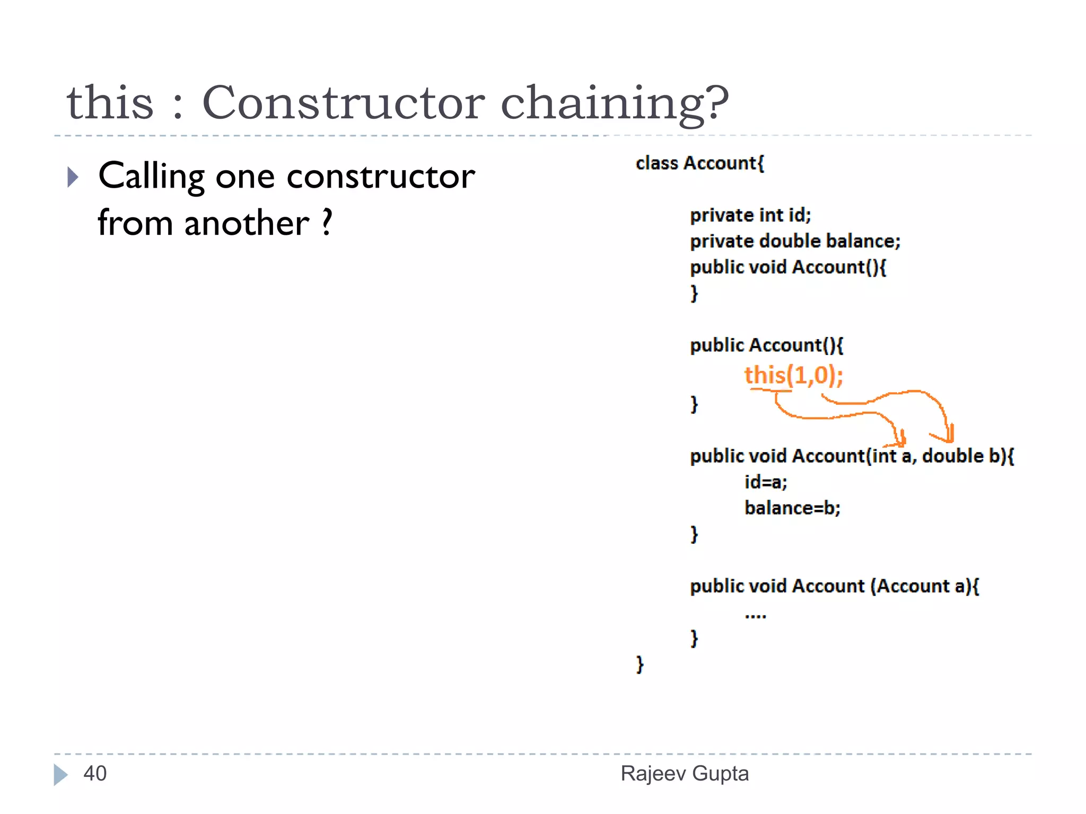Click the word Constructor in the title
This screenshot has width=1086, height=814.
pyautogui.click(x=343, y=103)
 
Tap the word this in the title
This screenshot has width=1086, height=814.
pyautogui.click(x=110, y=103)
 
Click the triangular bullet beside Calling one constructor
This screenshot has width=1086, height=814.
pyautogui.click(x=73, y=177)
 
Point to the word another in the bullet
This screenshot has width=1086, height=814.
pyautogui.click(x=247, y=223)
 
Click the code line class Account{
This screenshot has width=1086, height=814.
pyautogui.click(x=699, y=163)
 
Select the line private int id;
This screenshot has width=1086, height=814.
pyautogui.click(x=750, y=215)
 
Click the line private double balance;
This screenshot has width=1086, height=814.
pyautogui.click(x=795, y=241)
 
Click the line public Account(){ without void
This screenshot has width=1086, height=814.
pyautogui.click(x=766, y=346)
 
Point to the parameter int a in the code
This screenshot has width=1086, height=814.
pyautogui.click(x=892, y=456)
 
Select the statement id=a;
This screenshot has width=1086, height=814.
pyautogui.click(x=766, y=482)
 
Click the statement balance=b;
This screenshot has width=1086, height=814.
pyautogui.click(x=792, y=508)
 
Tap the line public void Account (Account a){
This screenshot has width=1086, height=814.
pyautogui.click(x=834, y=586)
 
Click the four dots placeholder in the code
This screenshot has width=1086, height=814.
pyautogui.click(x=755, y=616)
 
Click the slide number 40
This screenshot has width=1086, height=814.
pyautogui.click(x=95, y=774)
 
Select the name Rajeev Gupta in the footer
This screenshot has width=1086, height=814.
pyautogui.click(x=685, y=774)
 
